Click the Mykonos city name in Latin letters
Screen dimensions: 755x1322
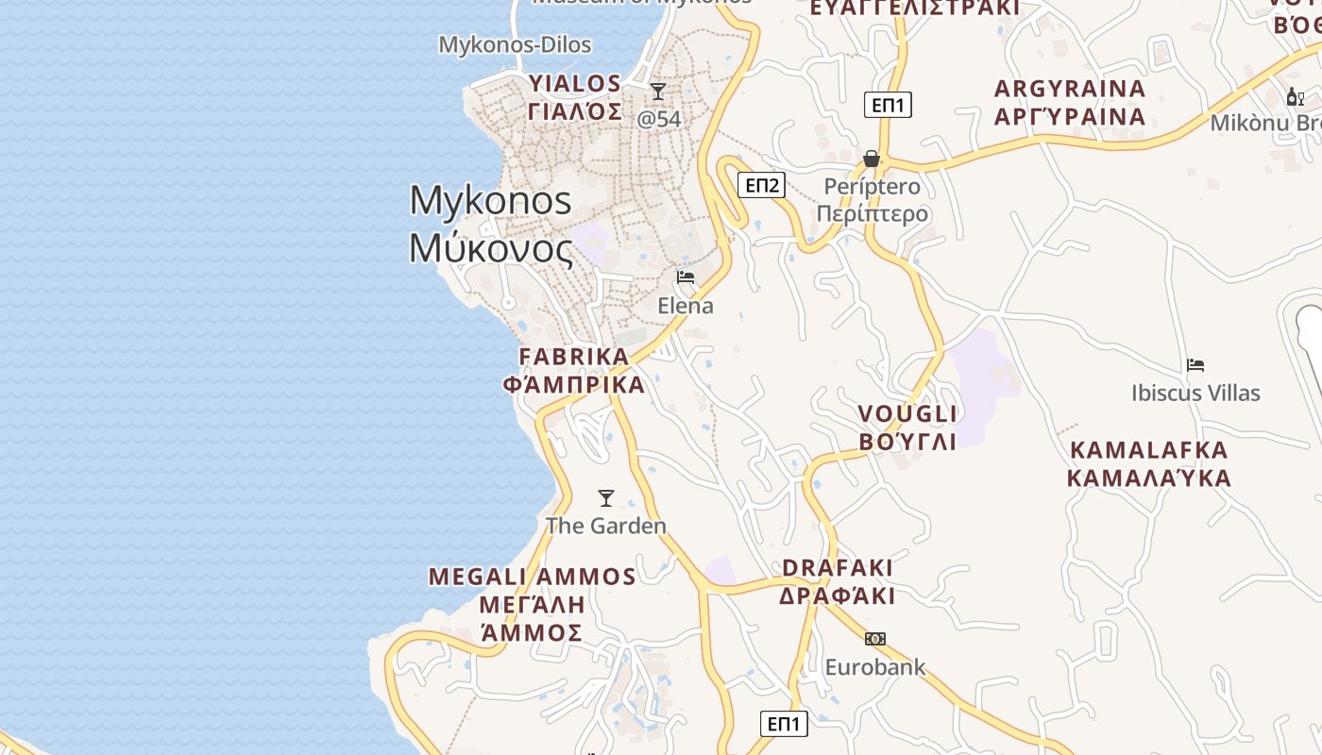tap(490, 201)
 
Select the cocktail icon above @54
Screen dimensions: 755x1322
tap(658, 92)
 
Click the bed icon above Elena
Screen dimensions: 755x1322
tap(686, 277)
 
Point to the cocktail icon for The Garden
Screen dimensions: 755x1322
tap(606, 497)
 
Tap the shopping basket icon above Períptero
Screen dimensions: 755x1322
tap(872, 159)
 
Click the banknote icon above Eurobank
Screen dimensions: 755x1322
tap(875, 639)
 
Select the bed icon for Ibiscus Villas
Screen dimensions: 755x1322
tap(1195, 365)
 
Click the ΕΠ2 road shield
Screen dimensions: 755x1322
tap(763, 185)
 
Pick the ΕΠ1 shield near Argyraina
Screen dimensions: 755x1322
tap(888, 105)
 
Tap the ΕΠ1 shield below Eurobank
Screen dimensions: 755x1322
tap(784, 724)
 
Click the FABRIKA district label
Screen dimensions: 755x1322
tap(574, 357)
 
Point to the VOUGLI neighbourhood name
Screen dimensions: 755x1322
tap(907, 413)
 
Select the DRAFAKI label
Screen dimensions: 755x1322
tap(838, 568)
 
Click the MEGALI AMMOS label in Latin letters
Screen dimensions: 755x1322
tap(533, 577)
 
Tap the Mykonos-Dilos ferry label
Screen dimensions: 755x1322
tap(515, 44)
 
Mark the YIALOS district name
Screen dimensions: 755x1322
tap(575, 83)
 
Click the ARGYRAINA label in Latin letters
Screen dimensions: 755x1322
tap(1070, 89)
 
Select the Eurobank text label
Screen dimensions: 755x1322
tap(875, 668)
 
